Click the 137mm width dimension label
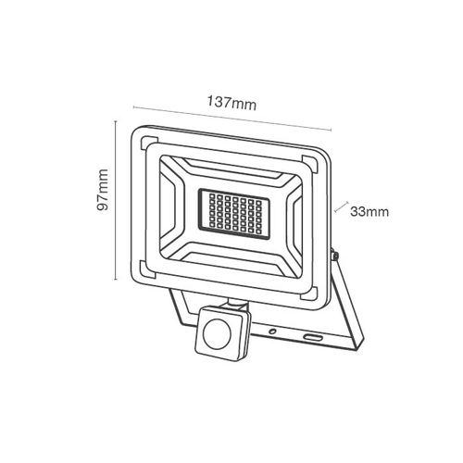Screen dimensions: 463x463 pyautogui.click(x=231, y=103)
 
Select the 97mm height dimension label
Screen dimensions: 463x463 pyautogui.click(x=103, y=190)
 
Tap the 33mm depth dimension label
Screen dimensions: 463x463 pyautogui.click(x=369, y=212)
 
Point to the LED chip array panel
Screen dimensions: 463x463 pyautogui.click(x=233, y=213)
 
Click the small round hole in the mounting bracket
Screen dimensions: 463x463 pyautogui.click(x=272, y=332)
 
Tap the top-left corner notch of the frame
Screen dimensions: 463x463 pyautogui.click(x=147, y=143)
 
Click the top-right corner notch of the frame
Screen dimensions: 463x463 pyautogui.click(x=309, y=164)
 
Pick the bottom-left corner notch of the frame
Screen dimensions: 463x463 pyautogui.click(x=146, y=269)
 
